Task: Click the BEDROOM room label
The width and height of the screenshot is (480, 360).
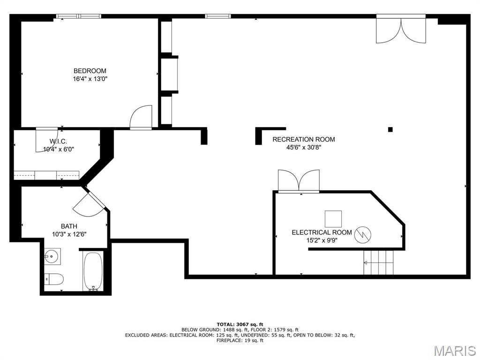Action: (x=90, y=71)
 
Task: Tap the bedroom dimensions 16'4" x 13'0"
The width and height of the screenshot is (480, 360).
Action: (x=90, y=79)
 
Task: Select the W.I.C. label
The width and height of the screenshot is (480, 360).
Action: (x=58, y=142)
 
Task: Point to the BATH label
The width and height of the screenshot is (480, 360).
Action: (x=69, y=226)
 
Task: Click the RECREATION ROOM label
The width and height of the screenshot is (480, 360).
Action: (x=304, y=139)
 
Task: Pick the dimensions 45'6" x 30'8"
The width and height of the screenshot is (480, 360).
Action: (x=304, y=147)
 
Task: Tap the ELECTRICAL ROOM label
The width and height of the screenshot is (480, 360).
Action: (x=322, y=232)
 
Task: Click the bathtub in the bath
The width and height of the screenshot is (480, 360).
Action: (x=93, y=271)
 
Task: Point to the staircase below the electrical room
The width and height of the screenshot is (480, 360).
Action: (x=378, y=262)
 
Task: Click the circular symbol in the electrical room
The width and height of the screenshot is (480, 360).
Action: (x=362, y=235)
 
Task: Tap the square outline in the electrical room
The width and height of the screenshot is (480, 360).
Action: (x=333, y=219)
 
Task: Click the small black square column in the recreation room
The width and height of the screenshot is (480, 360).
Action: (x=390, y=129)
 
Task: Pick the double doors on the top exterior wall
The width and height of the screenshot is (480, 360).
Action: (x=401, y=30)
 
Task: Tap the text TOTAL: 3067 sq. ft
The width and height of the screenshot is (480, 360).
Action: (x=240, y=324)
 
